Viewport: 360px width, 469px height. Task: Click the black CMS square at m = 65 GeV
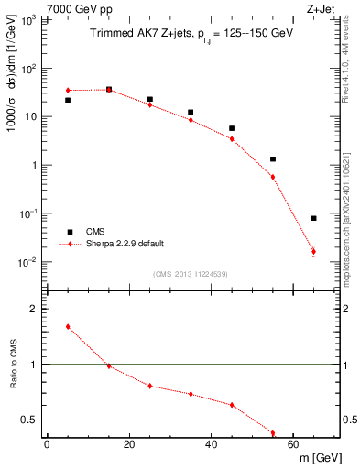313,218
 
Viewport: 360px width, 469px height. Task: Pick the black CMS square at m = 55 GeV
273,159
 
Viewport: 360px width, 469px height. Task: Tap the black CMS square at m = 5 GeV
68,100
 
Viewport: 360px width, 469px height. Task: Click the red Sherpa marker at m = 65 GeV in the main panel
313,251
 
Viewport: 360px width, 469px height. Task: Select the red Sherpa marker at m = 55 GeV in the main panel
273,177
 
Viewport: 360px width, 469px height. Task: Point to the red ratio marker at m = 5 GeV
68,326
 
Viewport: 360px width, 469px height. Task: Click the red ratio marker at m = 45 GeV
232,405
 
